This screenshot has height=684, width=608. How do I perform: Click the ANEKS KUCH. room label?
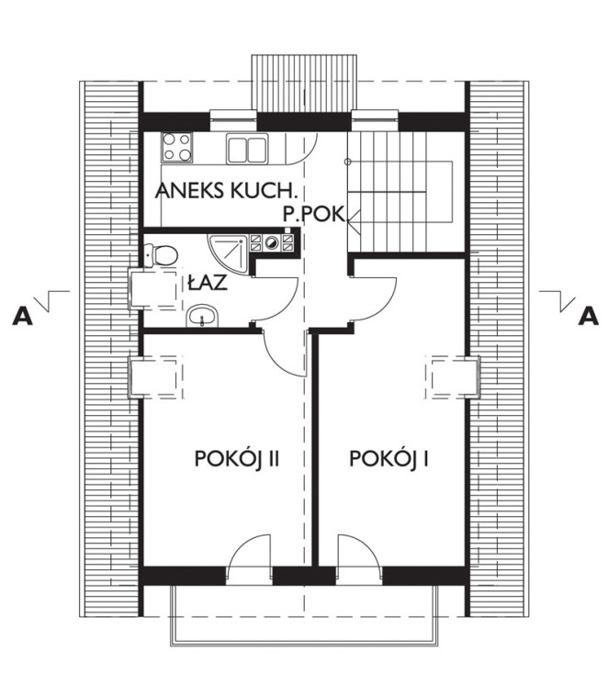pyautogui.click(x=226, y=191)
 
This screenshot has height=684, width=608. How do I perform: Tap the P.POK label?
pyautogui.click(x=314, y=214)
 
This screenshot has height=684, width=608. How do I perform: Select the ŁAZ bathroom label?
pyautogui.click(x=208, y=283)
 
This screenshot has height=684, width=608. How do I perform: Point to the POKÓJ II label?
pyautogui.click(x=237, y=459)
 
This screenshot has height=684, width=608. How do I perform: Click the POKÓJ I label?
pyautogui.click(x=388, y=459)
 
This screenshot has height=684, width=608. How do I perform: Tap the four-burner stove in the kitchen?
pyautogui.click(x=176, y=147)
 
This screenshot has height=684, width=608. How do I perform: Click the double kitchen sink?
pyautogui.click(x=247, y=150)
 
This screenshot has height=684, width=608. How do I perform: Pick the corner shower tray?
pyautogui.click(x=229, y=254)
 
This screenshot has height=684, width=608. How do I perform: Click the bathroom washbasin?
pyautogui.click(x=202, y=316)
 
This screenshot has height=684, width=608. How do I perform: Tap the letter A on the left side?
pyautogui.click(x=22, y=316)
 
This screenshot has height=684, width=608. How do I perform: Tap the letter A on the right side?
pyautogui.click(x=589, y=316)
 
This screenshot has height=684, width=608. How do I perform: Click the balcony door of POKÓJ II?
pyautogui.click(x=249, y=561)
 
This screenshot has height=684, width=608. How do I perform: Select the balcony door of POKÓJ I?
pyautogui.click(x=359, y=561)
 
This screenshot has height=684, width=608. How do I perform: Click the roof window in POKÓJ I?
pyautogui.click(x=453, y=377)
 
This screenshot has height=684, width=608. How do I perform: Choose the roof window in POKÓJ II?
pyautogui.click(x=155, y=377)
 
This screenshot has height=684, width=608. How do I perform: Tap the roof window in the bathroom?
pyautogui.click(x=155, y=289)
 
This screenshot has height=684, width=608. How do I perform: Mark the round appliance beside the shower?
pyautogui.click(x=272, y=242)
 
